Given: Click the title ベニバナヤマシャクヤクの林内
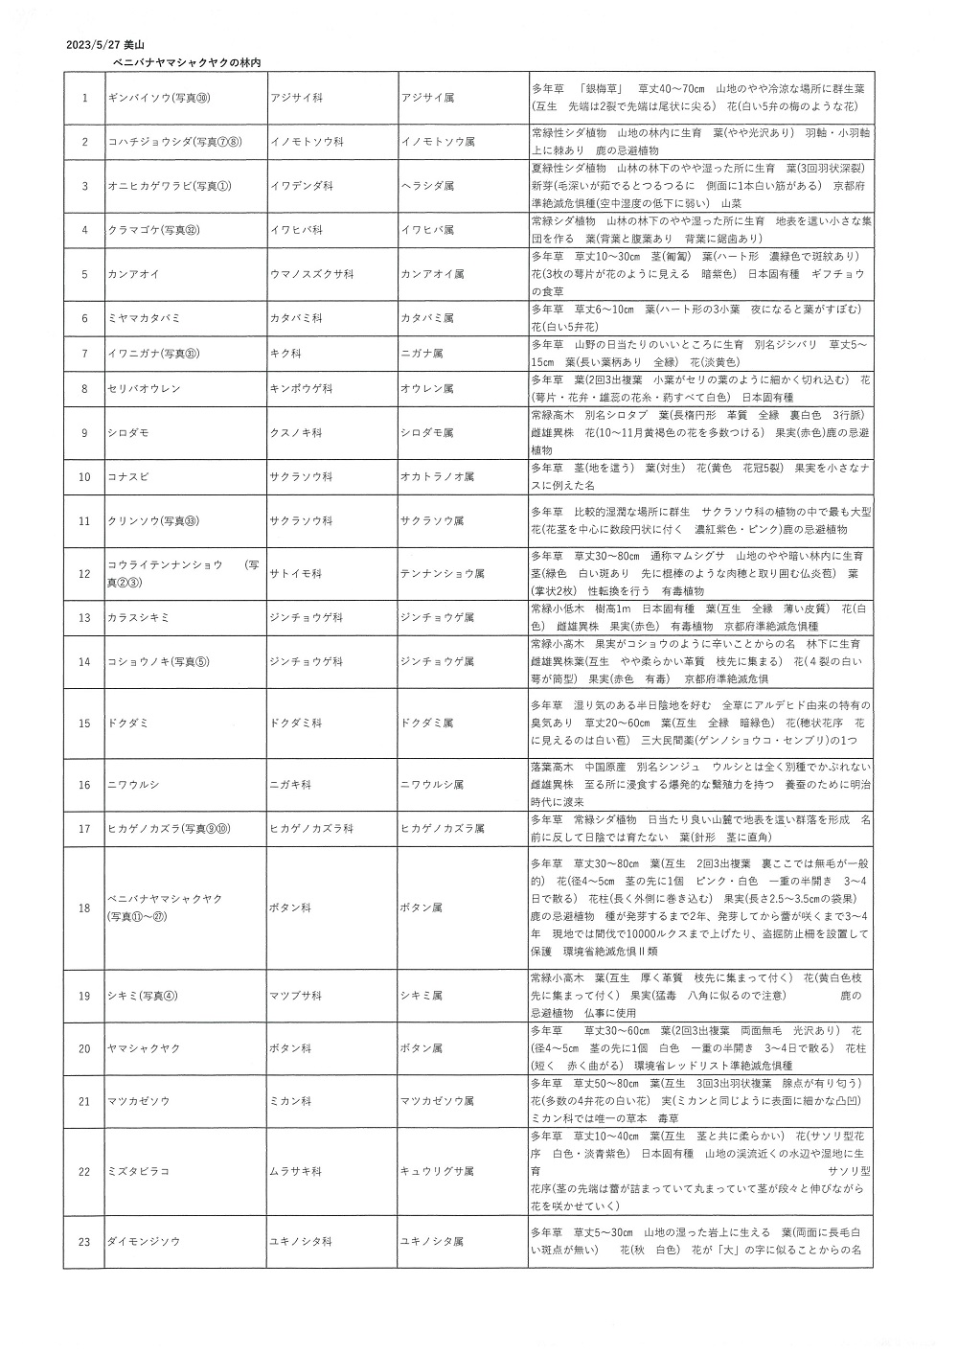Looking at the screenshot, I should click(188, 61).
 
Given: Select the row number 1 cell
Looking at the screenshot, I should click(84, 98).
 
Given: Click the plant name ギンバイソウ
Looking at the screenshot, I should click(159, 98).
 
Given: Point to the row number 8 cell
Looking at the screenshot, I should click(84, 389).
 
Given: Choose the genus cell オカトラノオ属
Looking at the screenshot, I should click(437, 476).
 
